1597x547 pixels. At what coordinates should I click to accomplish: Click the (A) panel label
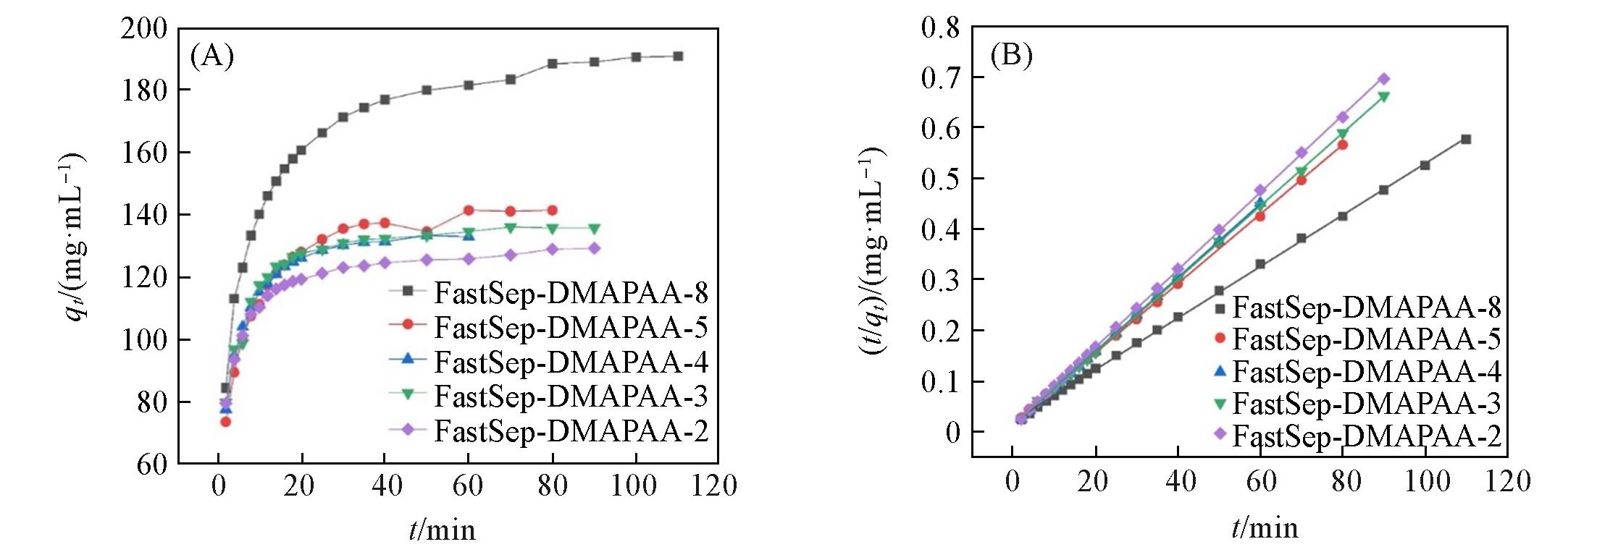[x=211, y=56]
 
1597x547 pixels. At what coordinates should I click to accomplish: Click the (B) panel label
[x=1011, y=56]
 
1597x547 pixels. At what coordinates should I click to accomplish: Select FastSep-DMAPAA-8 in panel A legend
[x=571, y=293]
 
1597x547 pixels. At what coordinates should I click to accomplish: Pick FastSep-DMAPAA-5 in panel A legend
[x=571, y=327]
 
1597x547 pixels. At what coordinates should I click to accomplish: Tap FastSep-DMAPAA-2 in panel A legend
[x=571, y=431]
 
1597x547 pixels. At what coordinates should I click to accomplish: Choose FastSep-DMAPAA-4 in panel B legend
[x=1366, y=372]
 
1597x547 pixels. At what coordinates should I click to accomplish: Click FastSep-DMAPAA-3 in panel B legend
[x=1366, y=404]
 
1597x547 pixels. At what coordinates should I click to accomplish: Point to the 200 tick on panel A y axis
[x=152, y=29]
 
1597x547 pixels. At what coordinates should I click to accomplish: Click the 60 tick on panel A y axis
[x=152, y=464]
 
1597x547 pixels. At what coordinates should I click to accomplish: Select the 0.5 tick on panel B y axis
[x=940, y=179]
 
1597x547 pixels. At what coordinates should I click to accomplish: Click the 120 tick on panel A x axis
[x=714, y=485]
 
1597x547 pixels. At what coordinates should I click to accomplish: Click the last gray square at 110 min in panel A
[x=678, y=56]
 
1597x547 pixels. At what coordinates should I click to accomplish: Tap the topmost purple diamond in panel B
[x=1383, y=79]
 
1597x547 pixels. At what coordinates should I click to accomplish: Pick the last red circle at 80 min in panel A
[x=553, y=211]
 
